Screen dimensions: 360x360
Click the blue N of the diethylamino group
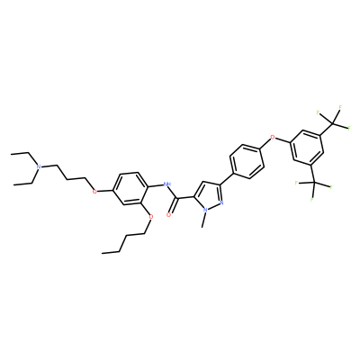(38, 166)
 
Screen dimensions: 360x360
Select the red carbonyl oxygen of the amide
(168, 214)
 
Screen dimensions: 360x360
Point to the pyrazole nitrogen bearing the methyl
(205, 211)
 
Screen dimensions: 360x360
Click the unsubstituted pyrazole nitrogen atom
(222, 202)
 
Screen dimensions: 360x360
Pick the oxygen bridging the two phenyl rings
(273, 138)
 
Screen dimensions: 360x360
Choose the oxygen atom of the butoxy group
(150, 217)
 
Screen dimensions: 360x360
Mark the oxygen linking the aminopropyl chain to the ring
(94, 192)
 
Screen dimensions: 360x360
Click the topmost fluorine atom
(340, 107)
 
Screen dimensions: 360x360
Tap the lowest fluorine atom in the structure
(312, 199)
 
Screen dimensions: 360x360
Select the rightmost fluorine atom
(349, 128)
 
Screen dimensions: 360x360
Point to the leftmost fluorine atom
(296, 183)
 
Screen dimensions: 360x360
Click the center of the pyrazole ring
(209, 195)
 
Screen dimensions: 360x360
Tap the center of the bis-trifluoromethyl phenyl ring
(307, 148)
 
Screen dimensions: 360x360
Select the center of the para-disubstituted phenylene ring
(247, 161)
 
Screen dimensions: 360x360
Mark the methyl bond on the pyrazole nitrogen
(204, 220)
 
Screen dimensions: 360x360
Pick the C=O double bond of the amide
(173, 206)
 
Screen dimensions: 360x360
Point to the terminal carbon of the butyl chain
(103, 253)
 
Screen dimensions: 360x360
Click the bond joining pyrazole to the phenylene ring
(227, 179)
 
